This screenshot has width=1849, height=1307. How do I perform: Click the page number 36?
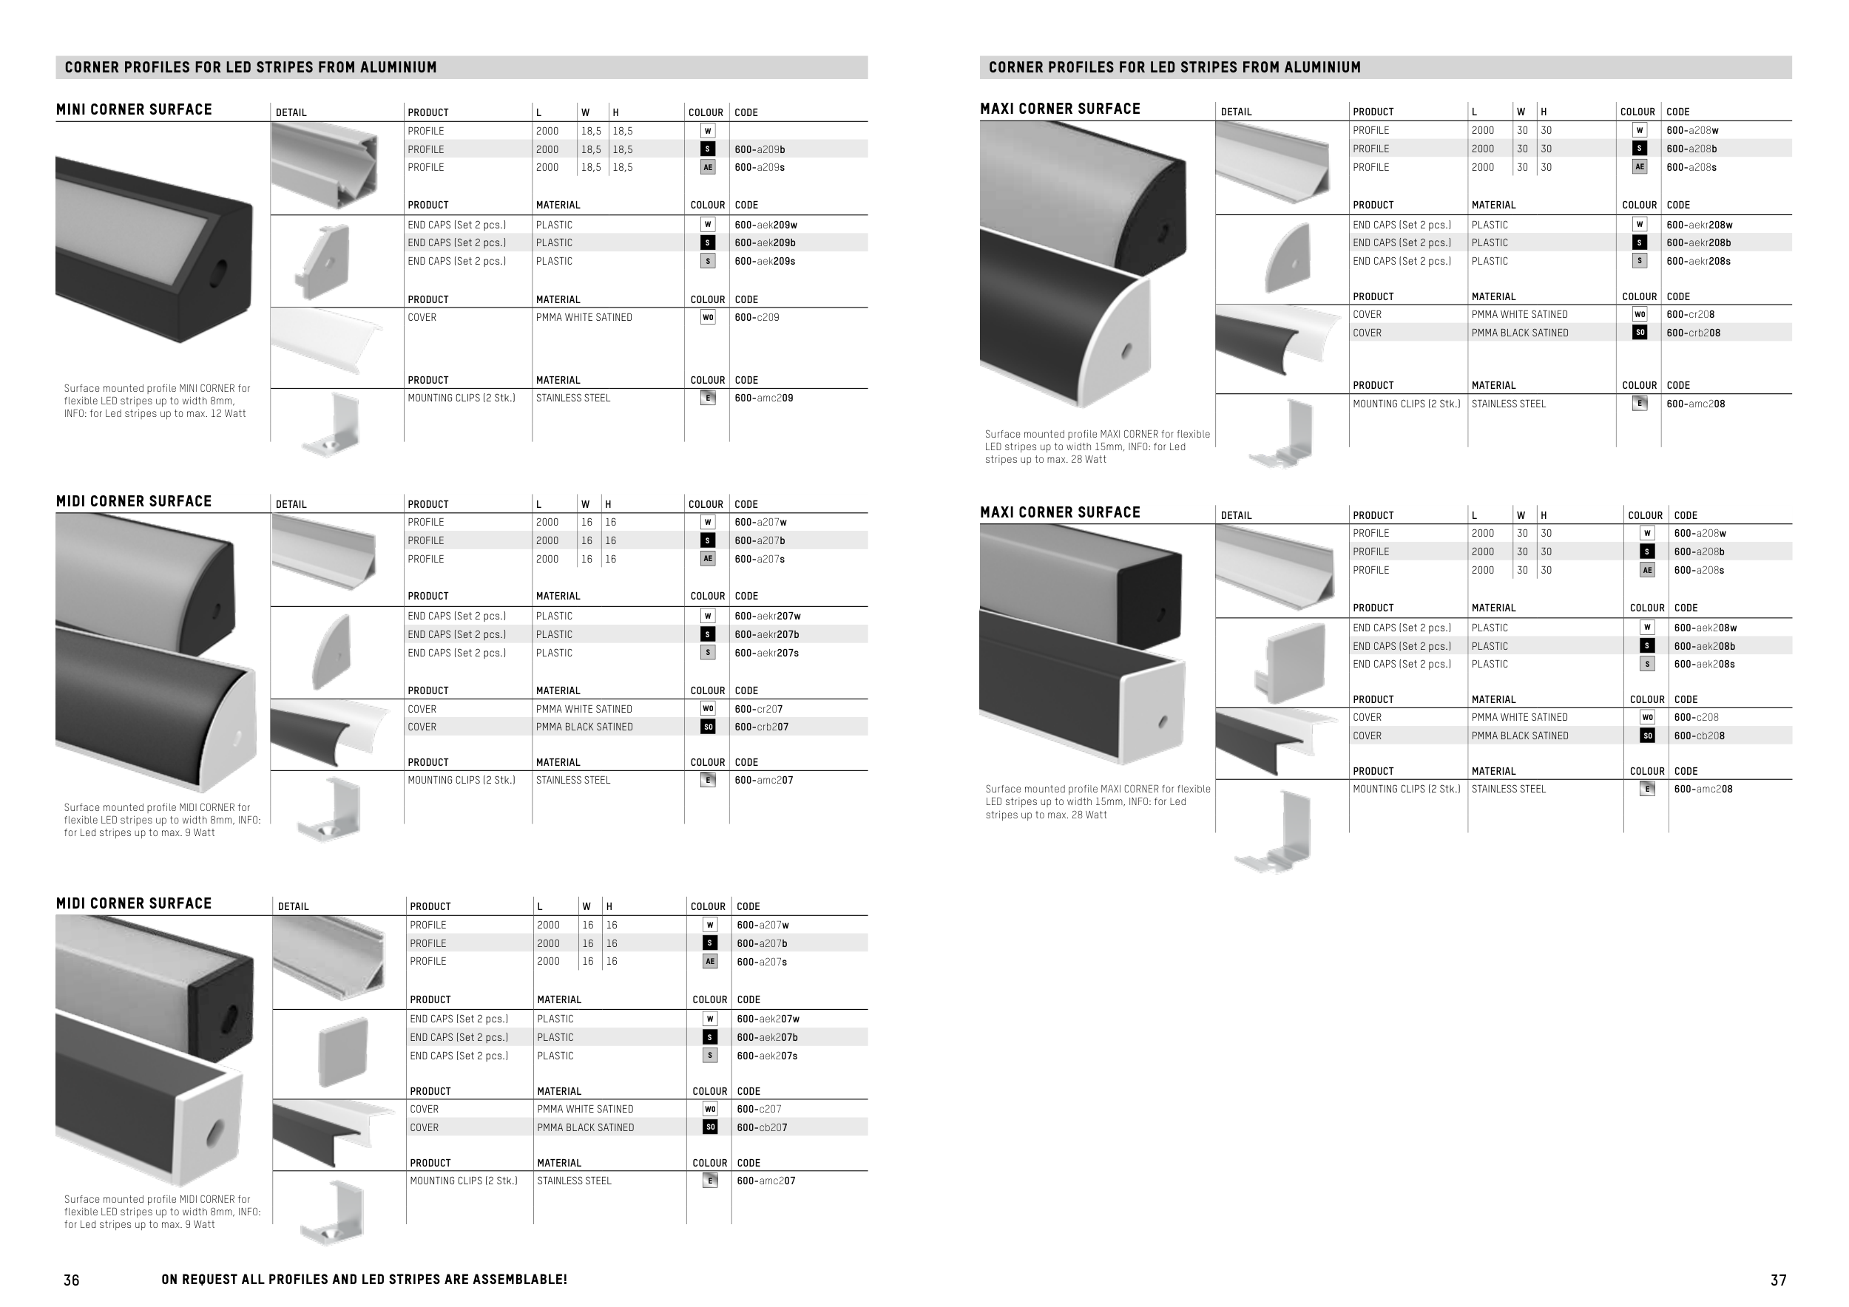[x=72, y=1280]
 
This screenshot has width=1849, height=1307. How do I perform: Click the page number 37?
[x=1778, y=1280]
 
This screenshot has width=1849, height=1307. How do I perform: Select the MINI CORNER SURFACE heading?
[x=134, y=109]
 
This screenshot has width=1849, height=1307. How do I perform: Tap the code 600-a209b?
[x=760, y=149]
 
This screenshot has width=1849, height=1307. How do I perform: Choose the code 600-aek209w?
[x=765, y=225]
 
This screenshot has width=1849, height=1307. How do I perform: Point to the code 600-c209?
[x=756, y=318]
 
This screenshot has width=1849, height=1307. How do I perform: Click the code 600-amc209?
[x=763, y=398]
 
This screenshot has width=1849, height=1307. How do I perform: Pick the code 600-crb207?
[x=761, y=727]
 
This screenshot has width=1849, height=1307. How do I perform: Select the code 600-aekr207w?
[x=768, y=617]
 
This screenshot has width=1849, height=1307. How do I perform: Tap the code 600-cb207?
[x=762, y=1127]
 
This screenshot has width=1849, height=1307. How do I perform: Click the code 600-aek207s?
[x=767, y=1056]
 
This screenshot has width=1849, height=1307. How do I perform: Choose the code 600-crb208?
[x=1693, y=333]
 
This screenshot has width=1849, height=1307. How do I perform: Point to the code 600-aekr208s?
[x=1698, y=262]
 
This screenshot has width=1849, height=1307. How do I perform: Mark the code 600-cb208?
[x=1699, y=736]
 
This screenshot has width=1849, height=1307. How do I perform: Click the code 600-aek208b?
[x=1704, y=646]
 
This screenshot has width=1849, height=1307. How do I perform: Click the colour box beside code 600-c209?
[x=708, y=318]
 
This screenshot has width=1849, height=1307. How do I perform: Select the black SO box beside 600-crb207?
[x=708, y=727]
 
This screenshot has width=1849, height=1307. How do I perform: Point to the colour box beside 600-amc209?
[x=708, y=398]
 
